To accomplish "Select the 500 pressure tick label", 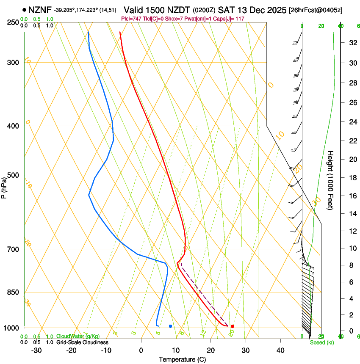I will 14,175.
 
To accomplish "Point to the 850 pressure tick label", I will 14,292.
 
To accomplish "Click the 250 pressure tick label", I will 14,22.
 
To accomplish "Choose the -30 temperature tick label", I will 36,350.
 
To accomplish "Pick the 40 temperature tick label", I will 280,350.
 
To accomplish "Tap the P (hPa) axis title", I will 4,186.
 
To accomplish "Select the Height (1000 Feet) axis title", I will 331,180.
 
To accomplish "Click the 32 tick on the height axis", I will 352,43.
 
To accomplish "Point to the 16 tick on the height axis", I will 352,196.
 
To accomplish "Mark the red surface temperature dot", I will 232,326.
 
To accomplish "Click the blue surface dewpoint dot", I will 170,326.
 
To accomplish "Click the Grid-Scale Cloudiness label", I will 82,342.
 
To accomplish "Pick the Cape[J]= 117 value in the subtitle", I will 232,19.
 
